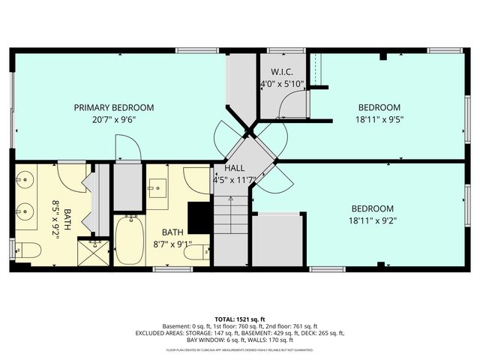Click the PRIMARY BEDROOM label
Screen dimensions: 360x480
point(114,107)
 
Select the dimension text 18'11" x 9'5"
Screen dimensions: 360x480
point(378,118)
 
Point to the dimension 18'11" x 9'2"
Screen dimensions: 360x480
point(373,220)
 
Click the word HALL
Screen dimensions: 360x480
point(234,169)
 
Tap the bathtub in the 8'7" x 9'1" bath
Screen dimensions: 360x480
point(129,239)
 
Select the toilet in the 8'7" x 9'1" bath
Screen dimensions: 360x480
point(196,253)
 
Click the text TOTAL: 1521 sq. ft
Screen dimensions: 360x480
point(240,319)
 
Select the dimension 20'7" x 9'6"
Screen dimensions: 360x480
point(114,118)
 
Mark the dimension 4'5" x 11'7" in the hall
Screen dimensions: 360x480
point(235,180)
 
